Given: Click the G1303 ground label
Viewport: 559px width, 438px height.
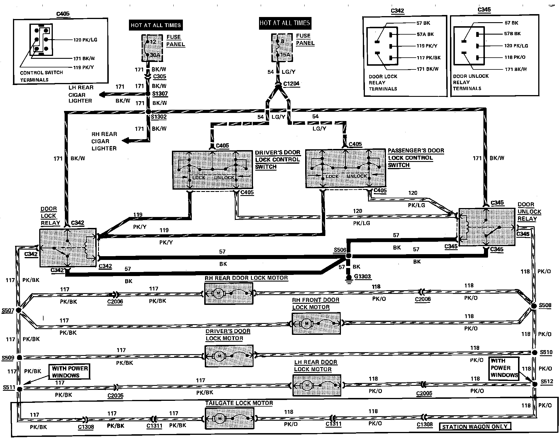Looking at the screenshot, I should tap(362, 276).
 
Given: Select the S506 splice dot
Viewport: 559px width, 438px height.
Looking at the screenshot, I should tap(349, 256).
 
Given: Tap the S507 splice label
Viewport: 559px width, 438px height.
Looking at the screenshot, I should tap(8, 310).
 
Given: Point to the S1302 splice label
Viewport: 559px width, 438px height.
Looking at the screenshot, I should tap(159, 117).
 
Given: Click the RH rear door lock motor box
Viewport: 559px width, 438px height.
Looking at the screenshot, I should tap(229, 293).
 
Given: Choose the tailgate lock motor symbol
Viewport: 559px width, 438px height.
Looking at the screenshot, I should tap(230, 418).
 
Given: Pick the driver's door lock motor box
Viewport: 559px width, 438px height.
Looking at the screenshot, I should tap(229, 356).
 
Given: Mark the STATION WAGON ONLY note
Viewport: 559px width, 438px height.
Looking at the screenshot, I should tap(474, 426).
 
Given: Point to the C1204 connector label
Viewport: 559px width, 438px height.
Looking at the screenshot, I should tap(291, 84).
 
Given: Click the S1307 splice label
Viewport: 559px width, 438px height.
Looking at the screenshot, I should tap(160, 94).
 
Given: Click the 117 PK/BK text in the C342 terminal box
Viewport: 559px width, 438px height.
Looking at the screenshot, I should tap(429, 58).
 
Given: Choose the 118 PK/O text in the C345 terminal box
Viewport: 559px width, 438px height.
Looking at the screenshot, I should tap(515, 57).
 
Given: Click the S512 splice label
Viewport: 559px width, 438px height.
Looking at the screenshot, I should tap(547, 382).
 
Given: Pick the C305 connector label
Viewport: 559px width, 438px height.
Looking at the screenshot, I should tap(160, 76).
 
